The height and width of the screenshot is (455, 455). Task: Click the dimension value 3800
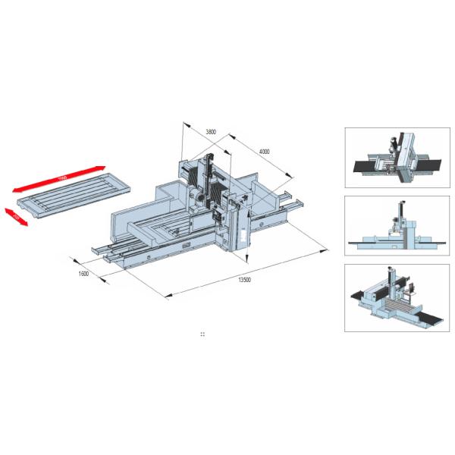click(x=211, y=132)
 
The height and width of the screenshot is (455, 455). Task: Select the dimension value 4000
click(x=264, y=152)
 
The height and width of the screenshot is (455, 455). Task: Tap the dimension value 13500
click(x=243, y=279)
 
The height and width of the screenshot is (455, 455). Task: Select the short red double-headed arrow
click(x=17, y=216)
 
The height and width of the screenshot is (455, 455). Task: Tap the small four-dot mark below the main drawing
click(x=202, y=333)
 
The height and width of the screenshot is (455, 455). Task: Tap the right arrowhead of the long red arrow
click(x=101, y=167)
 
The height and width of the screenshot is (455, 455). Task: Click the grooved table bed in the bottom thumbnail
click(x=394, y=307)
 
